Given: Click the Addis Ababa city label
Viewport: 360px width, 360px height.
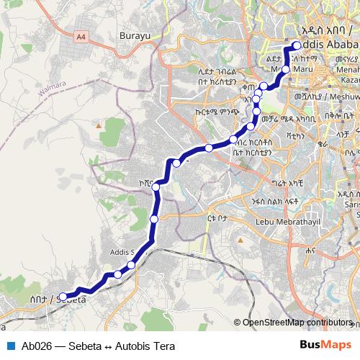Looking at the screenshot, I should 328,45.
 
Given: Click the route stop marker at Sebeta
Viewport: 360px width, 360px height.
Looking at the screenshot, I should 63,296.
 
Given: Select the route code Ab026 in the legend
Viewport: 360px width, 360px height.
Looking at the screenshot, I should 34,346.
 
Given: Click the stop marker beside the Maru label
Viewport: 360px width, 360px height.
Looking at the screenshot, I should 286,69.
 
